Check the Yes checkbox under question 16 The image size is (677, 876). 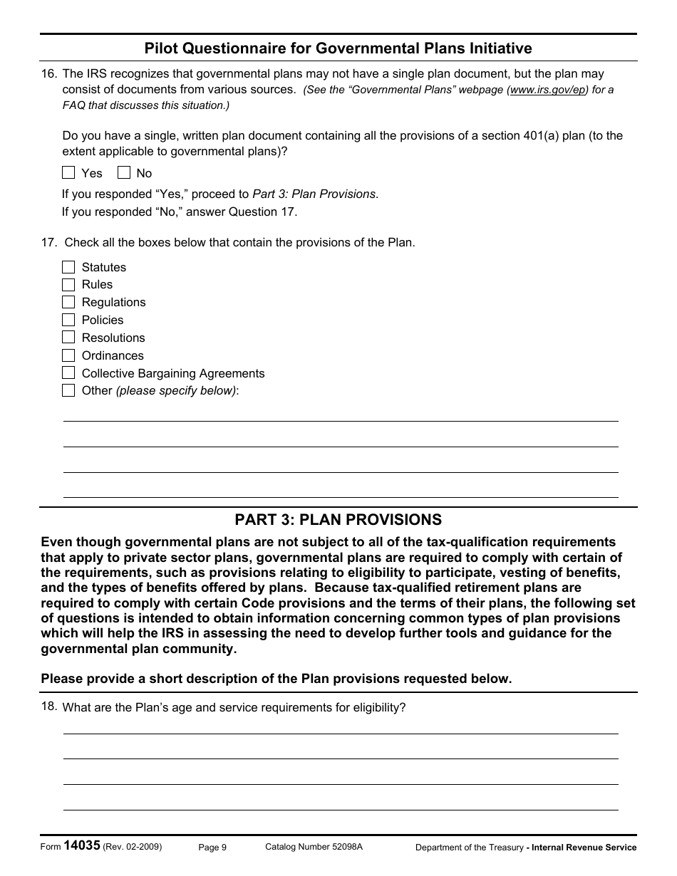coord(68,172)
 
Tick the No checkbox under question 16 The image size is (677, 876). coord(124,172)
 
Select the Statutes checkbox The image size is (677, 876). coord(68,267)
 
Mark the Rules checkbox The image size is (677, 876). coord(68,284)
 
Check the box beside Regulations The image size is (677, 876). coord(68,302)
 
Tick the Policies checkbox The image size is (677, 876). coord(68,320)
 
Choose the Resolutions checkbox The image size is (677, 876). coord(68,338)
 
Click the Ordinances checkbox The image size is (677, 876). coord(68,355)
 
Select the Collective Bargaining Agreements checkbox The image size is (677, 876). coord(68,373)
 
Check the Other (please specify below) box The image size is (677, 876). coord(68,390)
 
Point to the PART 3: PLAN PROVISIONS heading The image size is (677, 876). coord(338,520)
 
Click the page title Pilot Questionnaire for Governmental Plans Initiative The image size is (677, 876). coord(338,48)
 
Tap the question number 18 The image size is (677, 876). coord(48,706)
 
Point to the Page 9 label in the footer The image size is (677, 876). coord(212,847)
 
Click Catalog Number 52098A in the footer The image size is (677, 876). coord(314,847)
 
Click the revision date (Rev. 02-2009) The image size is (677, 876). coord(132,847)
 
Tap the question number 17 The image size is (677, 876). coord(48,242)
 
